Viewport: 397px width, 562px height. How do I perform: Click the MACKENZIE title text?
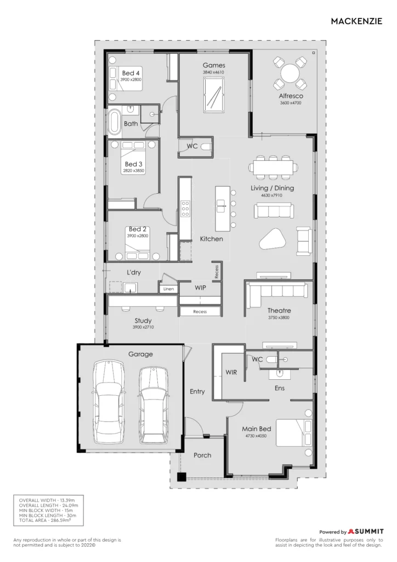[356, 21]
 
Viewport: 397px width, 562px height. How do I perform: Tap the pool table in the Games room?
[214, 95]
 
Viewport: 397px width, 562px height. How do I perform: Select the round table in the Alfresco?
[290, 74]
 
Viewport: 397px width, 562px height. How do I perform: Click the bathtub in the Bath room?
[115, 122]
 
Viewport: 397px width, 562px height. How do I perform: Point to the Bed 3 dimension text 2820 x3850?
[134, 171]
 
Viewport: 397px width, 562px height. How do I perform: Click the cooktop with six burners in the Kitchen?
[185, 209]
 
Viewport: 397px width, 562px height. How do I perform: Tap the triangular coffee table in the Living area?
[273, 239]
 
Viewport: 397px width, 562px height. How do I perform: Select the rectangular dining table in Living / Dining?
[274, 167]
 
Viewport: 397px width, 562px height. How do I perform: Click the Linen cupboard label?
[168, 289]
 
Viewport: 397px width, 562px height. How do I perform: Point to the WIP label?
[200, 288]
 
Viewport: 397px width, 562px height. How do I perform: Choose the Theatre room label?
[279, 311]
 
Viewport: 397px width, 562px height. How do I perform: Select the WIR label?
[231, 373]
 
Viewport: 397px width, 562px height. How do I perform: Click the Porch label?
[202, 455]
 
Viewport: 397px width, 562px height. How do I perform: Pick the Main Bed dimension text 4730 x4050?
[256, 436]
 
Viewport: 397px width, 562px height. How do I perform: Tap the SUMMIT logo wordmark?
[366, 531]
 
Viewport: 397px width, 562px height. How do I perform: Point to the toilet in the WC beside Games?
[206, 147]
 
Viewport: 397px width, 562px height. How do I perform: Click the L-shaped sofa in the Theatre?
[278, 295]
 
